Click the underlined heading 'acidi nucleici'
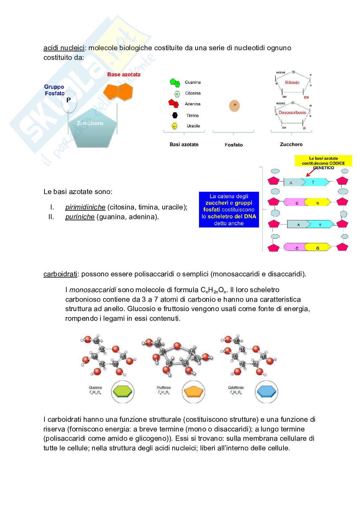pos(64,48)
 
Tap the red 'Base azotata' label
pos(124,75)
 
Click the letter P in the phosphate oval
pos(68,100)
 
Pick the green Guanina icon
pos(175,83)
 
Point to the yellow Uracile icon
pos(175,126)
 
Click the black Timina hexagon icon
pos(175,115)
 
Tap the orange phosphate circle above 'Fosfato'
pos(235,105)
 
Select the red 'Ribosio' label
pos(292,83)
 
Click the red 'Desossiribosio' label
pos(293,113)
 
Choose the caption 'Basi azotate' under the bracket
pos(184,144)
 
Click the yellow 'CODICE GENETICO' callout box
pos(323,161)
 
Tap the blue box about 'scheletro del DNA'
pos(229,209)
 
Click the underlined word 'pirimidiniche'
pos(85,207)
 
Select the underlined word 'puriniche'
pos(80,217)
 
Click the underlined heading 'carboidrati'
pos(60,274)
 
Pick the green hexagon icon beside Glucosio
pos(122,392)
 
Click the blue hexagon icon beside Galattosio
pos(266,392)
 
